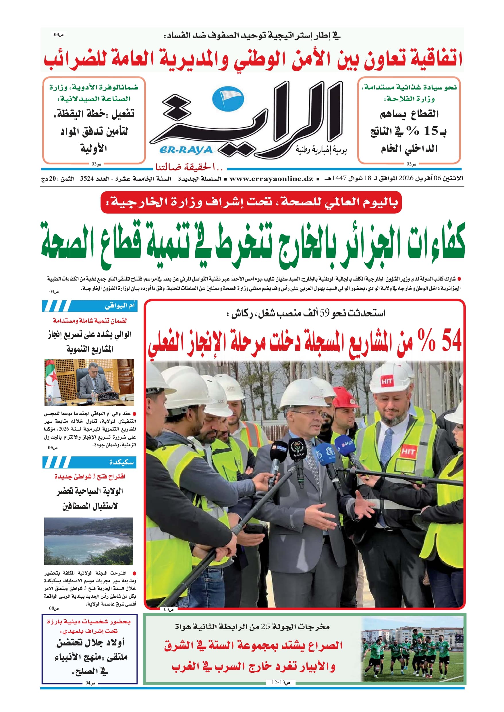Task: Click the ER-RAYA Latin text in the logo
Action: [186, 150]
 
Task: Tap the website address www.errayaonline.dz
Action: [271, 179]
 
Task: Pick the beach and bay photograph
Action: [89, 541]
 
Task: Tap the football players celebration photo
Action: [412, 650]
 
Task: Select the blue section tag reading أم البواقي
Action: [89, 306]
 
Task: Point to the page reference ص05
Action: [53, 448]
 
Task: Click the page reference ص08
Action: [53, 608]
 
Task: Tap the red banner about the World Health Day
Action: [251, 202]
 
